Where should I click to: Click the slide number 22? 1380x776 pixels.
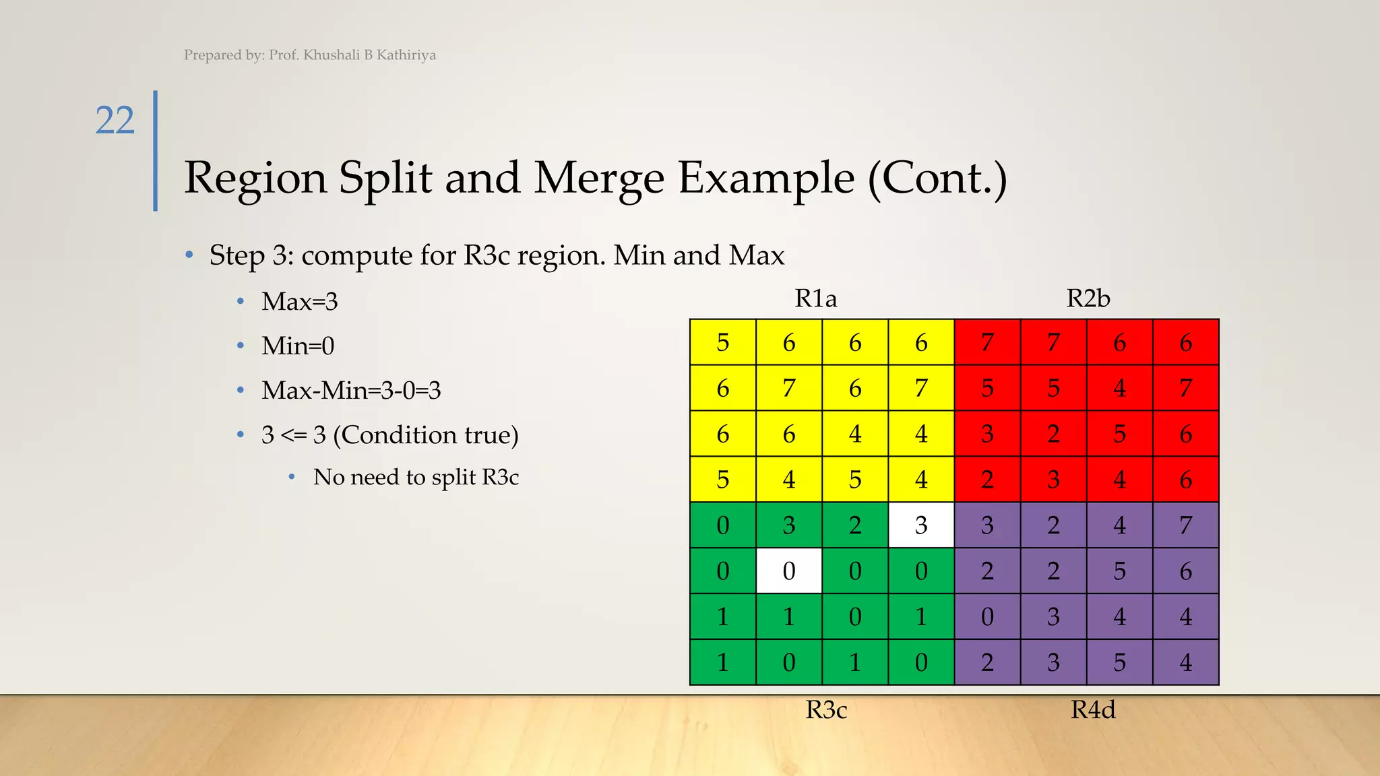coord(115,121)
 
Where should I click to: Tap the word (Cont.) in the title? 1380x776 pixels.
coord(937,179)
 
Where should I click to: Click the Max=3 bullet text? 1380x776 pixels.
coord(299,302)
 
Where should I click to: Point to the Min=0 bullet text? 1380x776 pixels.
coord(298,346)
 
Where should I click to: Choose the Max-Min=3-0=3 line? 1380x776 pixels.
coord(351,391)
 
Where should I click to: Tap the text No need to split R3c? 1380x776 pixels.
coord(416,478)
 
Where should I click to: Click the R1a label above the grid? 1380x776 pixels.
coord(815,298)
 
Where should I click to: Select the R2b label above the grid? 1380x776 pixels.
coord(1088,298)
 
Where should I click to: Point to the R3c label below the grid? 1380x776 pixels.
coord(826,710)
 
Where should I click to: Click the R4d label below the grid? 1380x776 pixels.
coord(1093,710)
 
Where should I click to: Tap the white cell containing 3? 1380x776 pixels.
coord(921,525)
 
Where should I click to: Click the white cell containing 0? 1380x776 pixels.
coord(789,571)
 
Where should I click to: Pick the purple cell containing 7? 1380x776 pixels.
coord(1186,525)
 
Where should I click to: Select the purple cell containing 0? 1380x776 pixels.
coord(987,617)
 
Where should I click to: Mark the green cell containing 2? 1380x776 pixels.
coord(855,525)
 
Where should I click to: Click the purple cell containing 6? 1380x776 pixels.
coord(1186,571)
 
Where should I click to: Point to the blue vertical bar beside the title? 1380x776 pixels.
coord(156,151)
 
